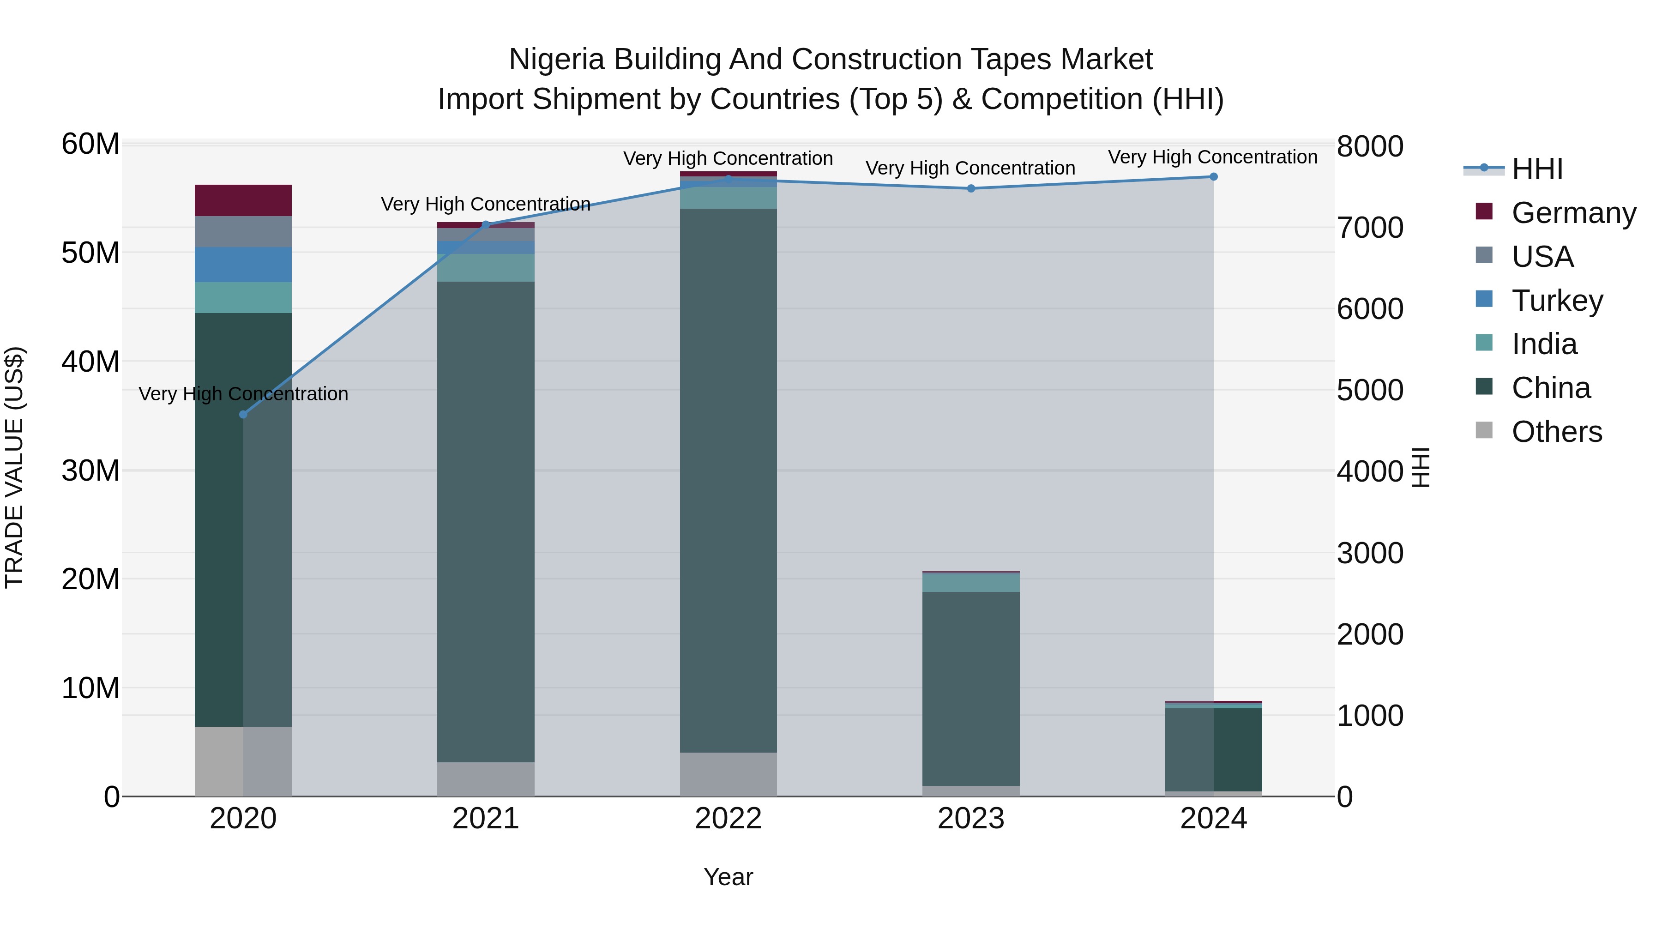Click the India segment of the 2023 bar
pyautogui.click(x=970, y=582)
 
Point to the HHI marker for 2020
pyautogui.click(x=243, y=414)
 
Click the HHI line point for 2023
pyautogui.click(x=971, y=188)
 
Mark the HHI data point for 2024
pyautogui.click(x=1213, y=177)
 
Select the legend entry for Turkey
pyautogui.click(x=1556, y=301)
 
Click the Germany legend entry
pyautogui.click(x=1573, y=213)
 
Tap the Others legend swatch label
pyautogui.click(x=1556, y=432)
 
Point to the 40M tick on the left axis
pyautogui.click(x=90, y=362)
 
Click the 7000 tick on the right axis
pyautogui.click(x=1369, y=228)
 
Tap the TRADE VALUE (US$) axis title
pyautogui.click(x=14, y=467)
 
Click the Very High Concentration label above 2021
pyautogui.click(x=485, y=204)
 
